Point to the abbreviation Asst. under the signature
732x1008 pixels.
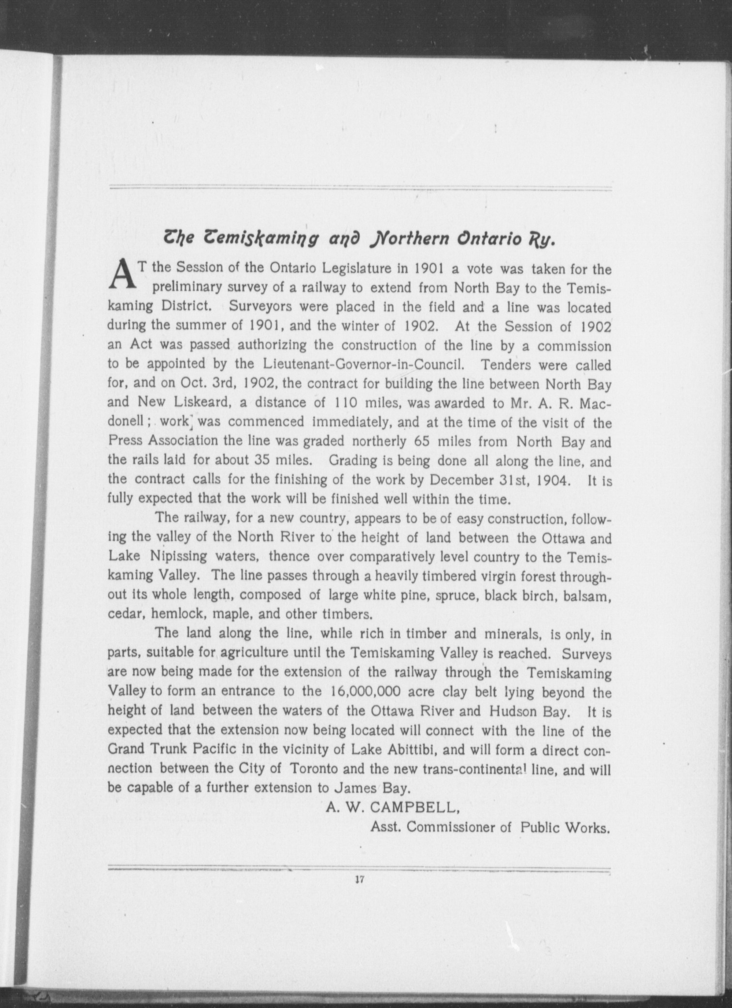386,827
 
